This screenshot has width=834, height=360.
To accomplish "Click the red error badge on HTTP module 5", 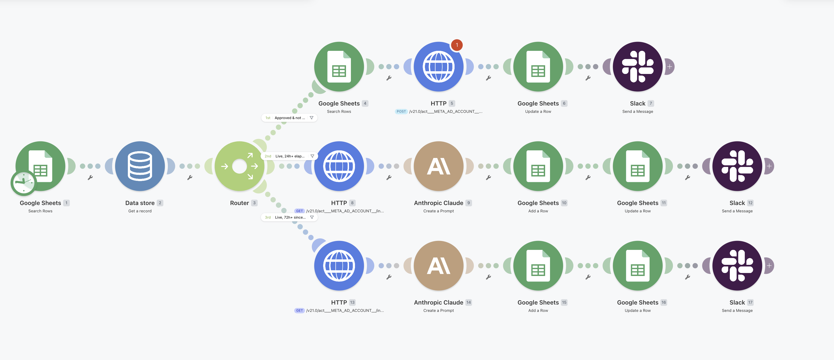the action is (x=457, y=45).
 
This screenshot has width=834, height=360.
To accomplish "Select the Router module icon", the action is (x=240, y=166).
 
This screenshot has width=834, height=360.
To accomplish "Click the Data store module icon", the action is (x=140, y=166).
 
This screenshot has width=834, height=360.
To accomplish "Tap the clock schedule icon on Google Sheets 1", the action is (x=24, y=183).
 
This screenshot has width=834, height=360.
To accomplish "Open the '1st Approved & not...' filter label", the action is (x=289, y=118).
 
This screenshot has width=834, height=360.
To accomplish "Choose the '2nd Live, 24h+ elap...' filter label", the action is (x=289, y=156).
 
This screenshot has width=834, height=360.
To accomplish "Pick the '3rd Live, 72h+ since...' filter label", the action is (x=289, y=217).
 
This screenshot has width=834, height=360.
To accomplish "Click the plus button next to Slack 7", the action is (x=669, y=67).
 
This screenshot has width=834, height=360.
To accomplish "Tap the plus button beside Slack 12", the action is (x=769, y=166).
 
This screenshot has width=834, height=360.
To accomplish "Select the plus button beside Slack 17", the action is (x=769, y=266).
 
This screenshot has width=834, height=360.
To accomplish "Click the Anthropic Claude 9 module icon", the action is (x=439, y=166).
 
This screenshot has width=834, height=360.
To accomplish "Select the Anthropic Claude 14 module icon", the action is (x=439, y=266).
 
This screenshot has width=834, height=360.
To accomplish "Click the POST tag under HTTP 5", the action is (x=401, y=111).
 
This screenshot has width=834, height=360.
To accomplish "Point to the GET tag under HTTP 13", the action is (x=299, y=311).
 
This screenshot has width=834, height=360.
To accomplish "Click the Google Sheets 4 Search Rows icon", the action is (x=339, y=67).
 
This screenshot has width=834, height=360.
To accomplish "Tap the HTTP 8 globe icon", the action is (x=339, y=166).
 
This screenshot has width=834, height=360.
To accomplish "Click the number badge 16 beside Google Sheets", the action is (x=664, y=302).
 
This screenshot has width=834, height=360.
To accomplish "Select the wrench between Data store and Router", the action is (x=190, y=177).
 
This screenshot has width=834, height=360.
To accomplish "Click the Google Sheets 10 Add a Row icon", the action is (x=538, y=166).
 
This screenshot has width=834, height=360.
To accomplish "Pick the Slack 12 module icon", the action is (x=737, y=166).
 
